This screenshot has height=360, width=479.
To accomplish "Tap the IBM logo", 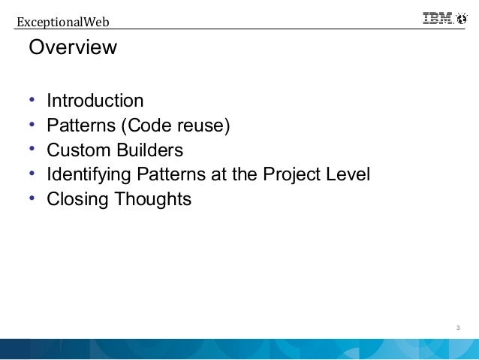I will [438, 20].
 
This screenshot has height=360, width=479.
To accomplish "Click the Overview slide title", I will [73, 48].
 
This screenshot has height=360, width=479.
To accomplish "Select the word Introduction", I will [95, 101].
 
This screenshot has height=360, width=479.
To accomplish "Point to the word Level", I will [348, 175].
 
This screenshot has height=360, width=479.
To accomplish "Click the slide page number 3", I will [457, 328].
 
